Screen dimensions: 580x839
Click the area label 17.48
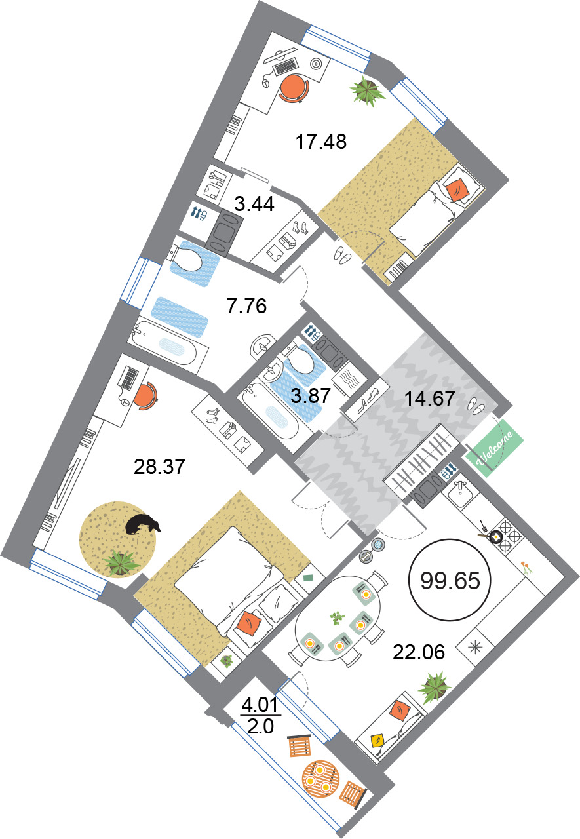[321, 142]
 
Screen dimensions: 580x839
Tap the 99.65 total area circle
[450, 580]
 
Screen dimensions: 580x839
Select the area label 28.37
[159, 467]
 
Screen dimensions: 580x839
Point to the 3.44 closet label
[254, 205]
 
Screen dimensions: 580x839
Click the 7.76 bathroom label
[246, 306]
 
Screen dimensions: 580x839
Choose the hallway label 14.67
[430, 398]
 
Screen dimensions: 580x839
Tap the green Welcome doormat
[494, 448]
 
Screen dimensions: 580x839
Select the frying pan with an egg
[493, 536]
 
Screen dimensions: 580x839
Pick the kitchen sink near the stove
[460, 493]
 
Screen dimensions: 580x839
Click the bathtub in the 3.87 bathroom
[271, 411]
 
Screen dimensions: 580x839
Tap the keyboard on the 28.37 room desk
[128, 378]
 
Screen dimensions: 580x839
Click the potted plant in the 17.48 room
[367, 90]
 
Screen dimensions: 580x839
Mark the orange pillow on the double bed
[248, 623]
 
